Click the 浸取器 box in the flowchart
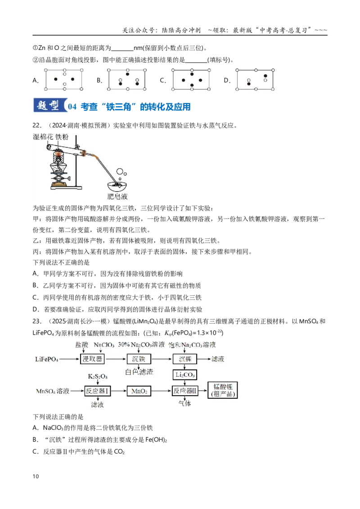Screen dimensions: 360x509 pyautogui.click(x=92, y=359)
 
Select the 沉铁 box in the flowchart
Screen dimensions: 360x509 pyautogui.click(x=139, y=359)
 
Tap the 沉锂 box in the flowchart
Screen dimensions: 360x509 pyautogui.click(x=185, y=359)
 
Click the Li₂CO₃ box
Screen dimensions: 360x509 pyautogui.click(x=185, y=375)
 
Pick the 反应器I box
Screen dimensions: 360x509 pyautogui.click(x=97, y=391)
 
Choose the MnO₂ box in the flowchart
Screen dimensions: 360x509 pyautogui.click(x=139, y=391)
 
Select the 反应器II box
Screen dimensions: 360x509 pyautogui.click(x=185, y=391)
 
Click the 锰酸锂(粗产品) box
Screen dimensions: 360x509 pyautogui.click(x=223, y=390)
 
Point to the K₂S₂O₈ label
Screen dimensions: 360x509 pyautogui.click(x=98, y=376)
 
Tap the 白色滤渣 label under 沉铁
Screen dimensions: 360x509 pyautogui.click(x=139, y=372)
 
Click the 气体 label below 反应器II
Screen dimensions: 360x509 pyautogui.click(x=184, y=403)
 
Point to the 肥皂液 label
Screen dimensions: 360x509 pyautogui.click(x=117, y=196)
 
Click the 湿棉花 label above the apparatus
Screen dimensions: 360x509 pyautogui.click(x=43, y=137)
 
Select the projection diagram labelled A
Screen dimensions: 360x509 pyautogui.click(x=64, y=80)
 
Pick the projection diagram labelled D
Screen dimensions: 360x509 pyautogui.click(x=255, y=80)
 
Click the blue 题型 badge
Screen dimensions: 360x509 pyautogui.click(x=49, y=106)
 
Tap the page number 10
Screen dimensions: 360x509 pyautogui.click(x=36, y=476)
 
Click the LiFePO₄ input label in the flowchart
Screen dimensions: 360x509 pyautogui.click(x=47, y=359)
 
